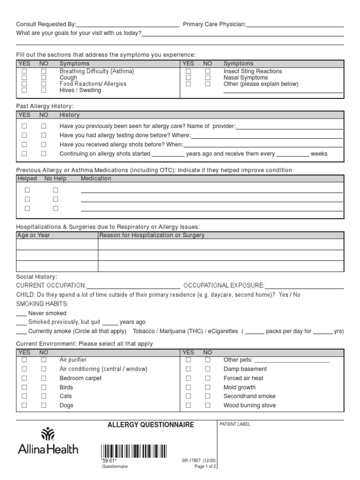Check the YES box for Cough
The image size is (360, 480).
tap(24, 78)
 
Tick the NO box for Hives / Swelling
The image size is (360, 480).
tap(44, 90)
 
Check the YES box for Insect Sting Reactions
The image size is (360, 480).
tap(188, 71)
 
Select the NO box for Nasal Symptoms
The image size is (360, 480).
tap(208, 78)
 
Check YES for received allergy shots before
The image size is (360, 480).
tap(24, 144)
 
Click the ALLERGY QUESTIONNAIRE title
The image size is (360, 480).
tap(150, 425)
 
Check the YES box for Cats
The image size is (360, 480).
tap(24, 396)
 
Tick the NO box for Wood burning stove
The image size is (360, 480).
tap(208, 405)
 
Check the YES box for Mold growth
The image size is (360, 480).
tap(188, 387)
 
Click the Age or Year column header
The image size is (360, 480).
tap(33, 235)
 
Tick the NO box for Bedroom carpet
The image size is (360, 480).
tap(44, 378)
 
